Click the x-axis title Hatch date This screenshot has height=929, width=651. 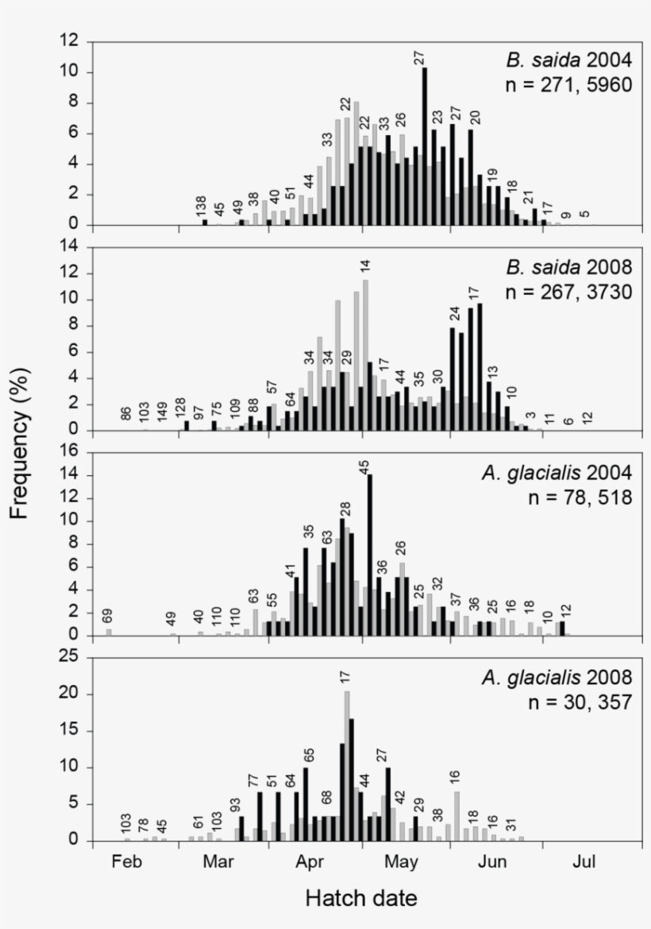[x=361, y=898]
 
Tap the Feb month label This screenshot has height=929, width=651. [x=127, y=861]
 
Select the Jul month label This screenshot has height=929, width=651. [x=584, y=861]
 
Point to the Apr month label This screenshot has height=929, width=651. [x=310, y=861]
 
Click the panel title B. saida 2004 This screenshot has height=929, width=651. [x=568, y=60]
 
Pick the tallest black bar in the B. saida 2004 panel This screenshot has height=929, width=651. [x=425, y=146]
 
